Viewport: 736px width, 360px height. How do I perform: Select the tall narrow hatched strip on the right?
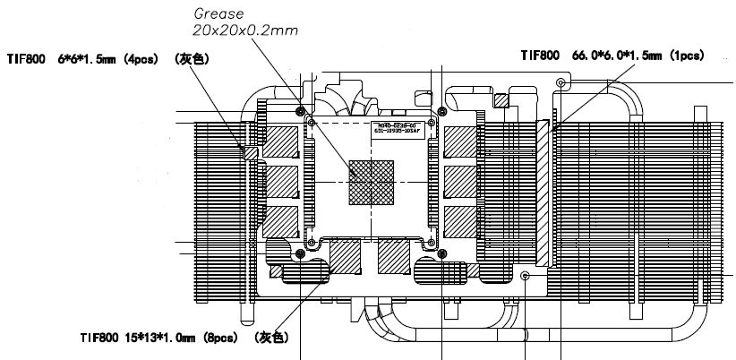pyautogui.click(x=542, y=192)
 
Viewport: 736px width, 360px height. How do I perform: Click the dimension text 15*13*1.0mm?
pyautogui.click(x=157, y=338)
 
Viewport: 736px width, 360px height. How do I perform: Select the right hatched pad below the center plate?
pyautogui.click(x=394, y=257)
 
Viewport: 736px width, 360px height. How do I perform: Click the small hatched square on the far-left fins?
pyautogui.click(x=251, y=154)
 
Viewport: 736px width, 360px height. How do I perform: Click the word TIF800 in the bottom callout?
pyautogui.click(x=98, y=338)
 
